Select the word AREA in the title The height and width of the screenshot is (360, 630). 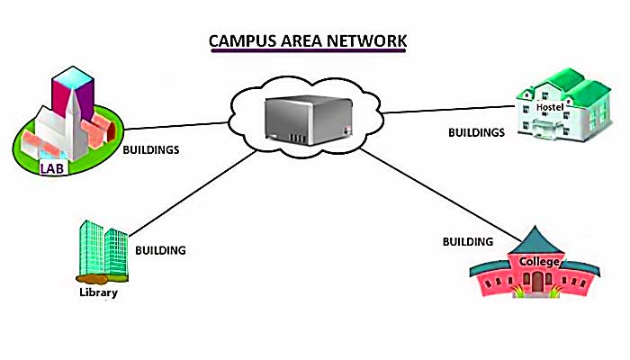(x=301, y=42)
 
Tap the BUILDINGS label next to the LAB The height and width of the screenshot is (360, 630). (x=152, y=149)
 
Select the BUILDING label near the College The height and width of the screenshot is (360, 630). (x=468, y=241)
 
